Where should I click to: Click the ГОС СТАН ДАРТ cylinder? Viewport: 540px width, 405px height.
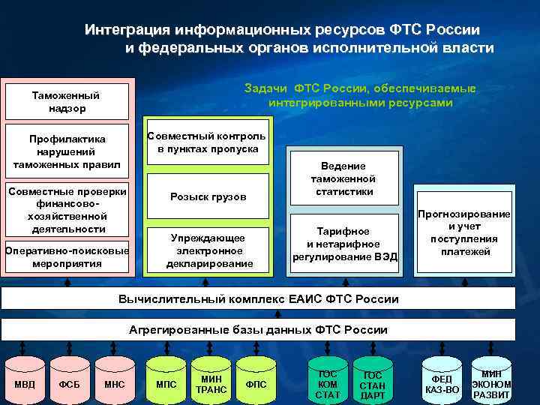[373, 384]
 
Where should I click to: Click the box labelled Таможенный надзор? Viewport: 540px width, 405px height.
[68, 102]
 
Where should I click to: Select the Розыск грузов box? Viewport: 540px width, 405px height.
[207, 196]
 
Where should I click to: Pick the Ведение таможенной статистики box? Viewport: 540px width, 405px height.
[343, 179]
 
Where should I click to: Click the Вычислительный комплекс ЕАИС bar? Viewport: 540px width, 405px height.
[258, 299]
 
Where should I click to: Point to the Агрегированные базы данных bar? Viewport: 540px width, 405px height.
[258, 329]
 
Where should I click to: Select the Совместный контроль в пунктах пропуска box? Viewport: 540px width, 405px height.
[207, 142]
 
